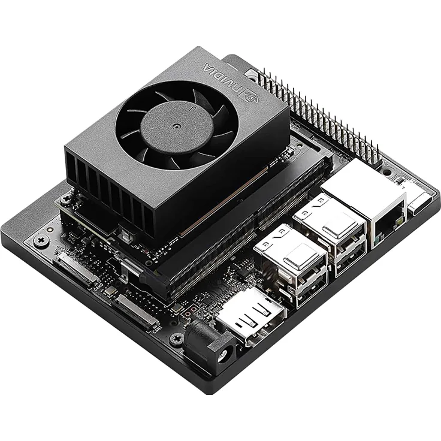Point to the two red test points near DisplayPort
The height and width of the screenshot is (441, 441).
click(190, 312)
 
